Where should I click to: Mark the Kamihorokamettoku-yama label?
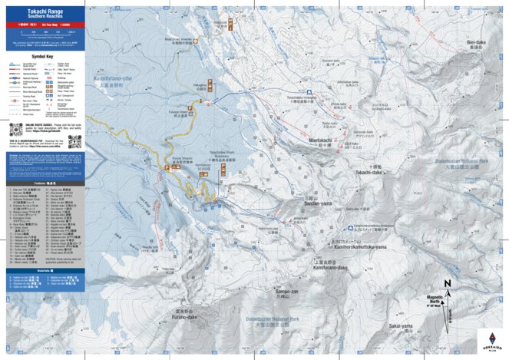360,246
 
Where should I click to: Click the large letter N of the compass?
448,283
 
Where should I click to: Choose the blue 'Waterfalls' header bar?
43,271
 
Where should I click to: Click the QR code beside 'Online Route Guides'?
16,127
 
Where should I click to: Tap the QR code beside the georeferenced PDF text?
74,141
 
